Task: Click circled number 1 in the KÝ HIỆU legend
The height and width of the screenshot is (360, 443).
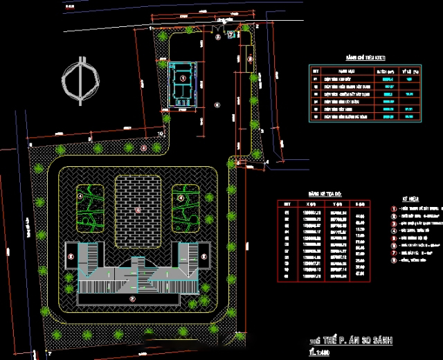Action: (x=393, y=208)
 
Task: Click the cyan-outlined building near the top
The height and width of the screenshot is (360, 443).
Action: (x=183, y=82)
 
